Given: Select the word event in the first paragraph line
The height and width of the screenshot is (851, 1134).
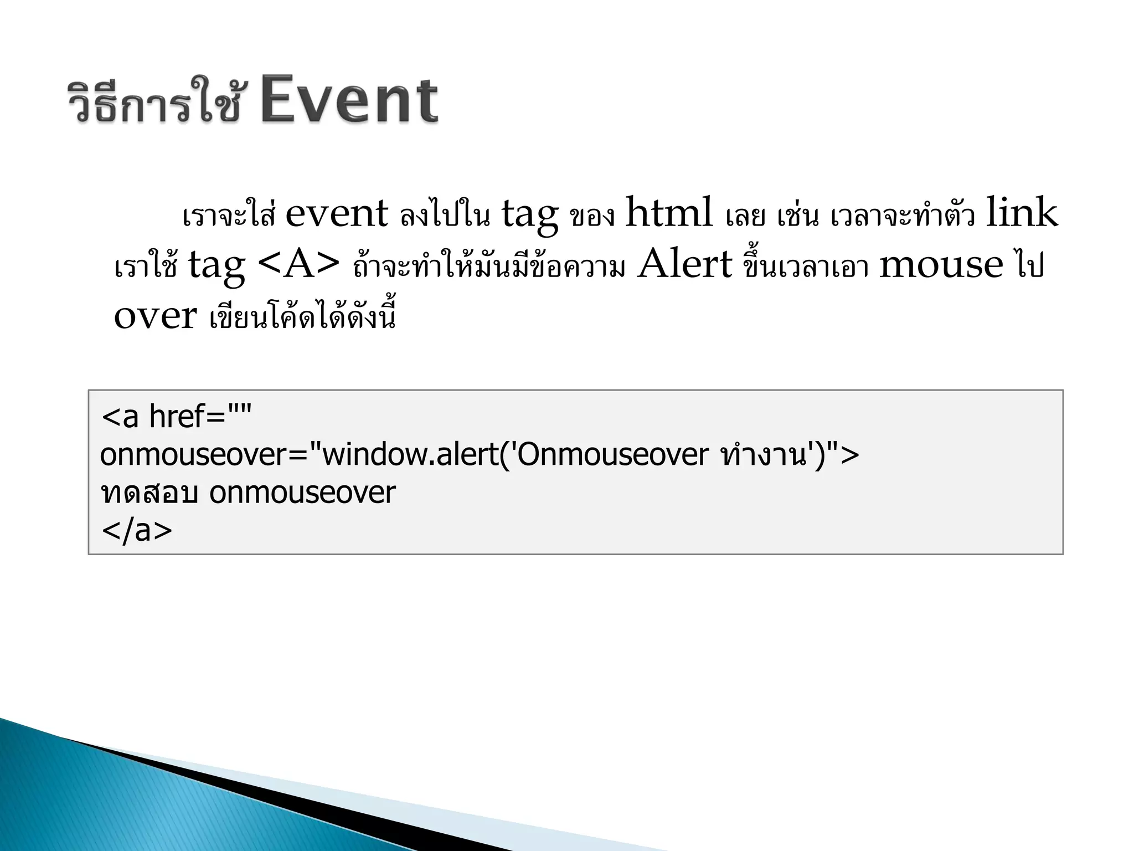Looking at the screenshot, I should pyautogui.click(x=336, y=214).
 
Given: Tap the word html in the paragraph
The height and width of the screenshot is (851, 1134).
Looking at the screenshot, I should pyautogui.click(x=669, y=213).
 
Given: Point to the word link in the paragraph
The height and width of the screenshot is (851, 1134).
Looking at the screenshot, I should pyautogui.click(x=1022, y=213).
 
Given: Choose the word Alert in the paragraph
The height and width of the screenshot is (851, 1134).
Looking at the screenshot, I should pyautogui.click(x=685, y=264).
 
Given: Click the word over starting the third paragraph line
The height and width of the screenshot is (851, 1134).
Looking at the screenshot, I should pyautogui.click(x=155, y=316).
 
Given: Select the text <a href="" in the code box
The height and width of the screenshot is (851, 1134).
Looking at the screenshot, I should pyautogui.click(x=177, y=417).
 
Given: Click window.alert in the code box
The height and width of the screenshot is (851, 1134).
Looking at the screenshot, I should pyautogui.click(x=410, y=455).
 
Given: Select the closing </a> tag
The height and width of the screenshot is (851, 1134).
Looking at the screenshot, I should pyautogui.click(x=137, y=530).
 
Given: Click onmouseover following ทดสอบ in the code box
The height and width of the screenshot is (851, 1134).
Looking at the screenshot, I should pyautogui.click(x=302, y=493).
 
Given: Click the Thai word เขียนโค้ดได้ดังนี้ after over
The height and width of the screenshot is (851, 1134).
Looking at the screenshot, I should pyautogui.click(x=303, y=317).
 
